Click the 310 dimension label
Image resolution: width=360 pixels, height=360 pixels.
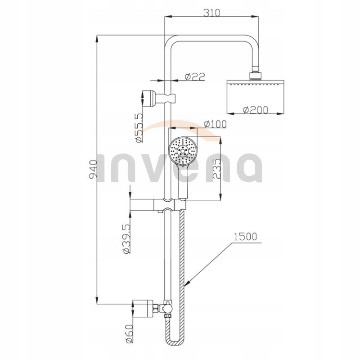click(211, 13)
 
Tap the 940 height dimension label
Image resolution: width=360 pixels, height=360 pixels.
click(94, 170)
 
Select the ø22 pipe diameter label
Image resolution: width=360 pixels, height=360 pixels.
click(195, 76)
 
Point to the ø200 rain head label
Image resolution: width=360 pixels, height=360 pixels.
click(256, 110)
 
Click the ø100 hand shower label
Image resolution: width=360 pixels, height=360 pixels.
click(215, 124)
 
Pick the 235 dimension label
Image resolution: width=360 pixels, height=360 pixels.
click(216, 169)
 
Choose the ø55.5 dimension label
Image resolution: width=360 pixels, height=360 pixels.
click(139, 128)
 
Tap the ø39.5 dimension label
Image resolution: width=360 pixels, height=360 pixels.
click(127, 238)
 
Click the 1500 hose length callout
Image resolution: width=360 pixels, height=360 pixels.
click(245, 237)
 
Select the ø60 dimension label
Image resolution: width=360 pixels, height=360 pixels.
click(129, 333)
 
